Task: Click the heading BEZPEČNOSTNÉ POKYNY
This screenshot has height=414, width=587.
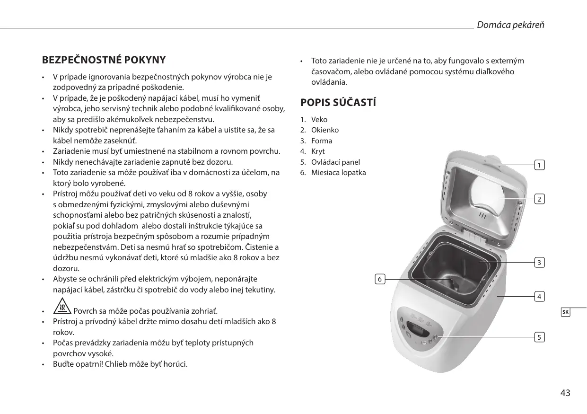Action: (104, 60)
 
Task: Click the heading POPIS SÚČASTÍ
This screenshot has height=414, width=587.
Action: (338, 103)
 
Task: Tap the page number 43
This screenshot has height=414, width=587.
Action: (565, 393)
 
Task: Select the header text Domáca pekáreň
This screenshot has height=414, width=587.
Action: (510, 25)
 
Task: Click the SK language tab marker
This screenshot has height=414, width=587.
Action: (566, 312)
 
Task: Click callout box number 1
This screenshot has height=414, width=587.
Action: (539, 165)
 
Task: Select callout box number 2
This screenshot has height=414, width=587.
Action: (539, 199)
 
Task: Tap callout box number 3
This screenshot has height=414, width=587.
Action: (539, 262)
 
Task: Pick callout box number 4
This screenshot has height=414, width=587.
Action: (539, 297)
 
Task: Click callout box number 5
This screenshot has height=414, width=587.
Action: (539, 337)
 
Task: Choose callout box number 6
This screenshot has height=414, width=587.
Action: (379, 279)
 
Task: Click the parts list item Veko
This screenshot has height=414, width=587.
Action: (319, 120)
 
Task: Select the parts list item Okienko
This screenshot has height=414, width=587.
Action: (325, 130)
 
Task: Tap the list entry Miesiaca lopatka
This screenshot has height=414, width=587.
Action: (338, 173)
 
